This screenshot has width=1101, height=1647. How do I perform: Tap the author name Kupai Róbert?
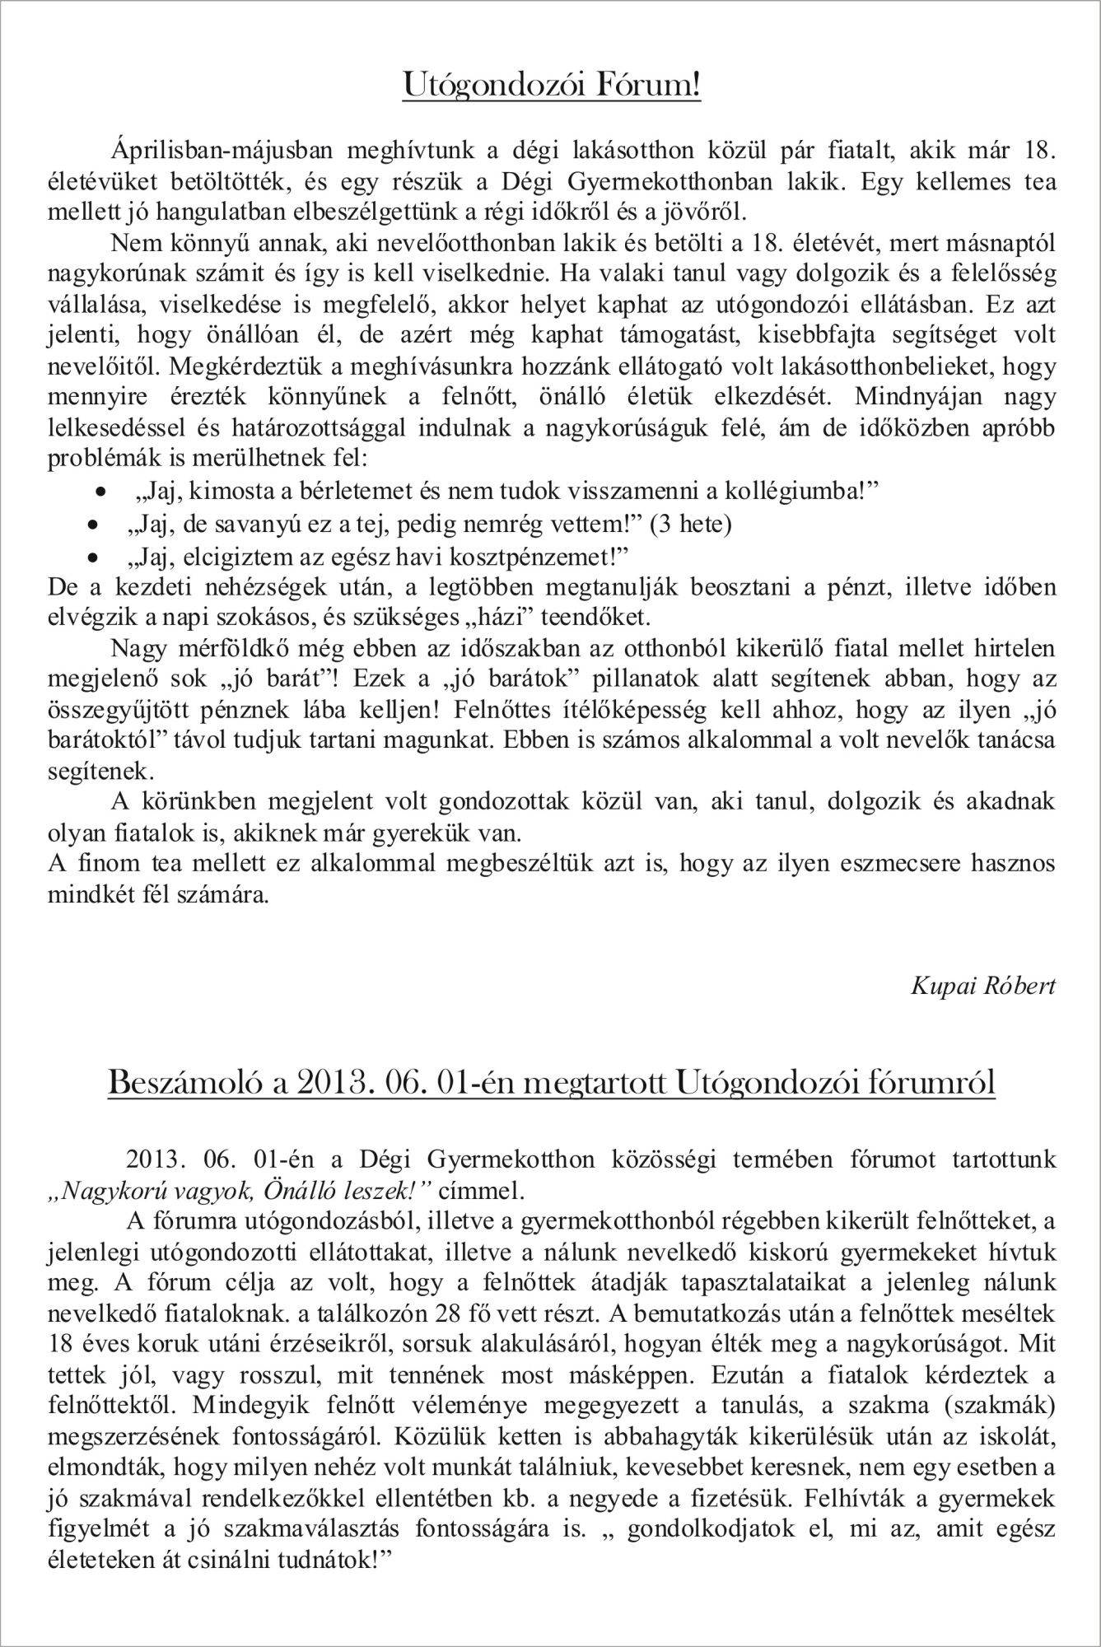coord(982,985)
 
